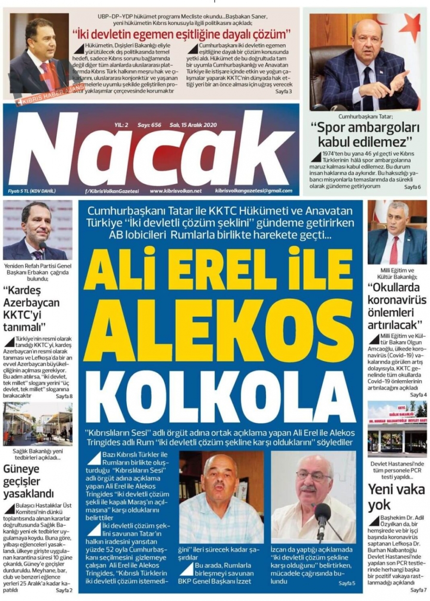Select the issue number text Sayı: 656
pos(149,125)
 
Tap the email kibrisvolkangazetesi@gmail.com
pos(254,191)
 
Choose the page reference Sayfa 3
pos(283,92)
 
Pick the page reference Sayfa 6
pos(412,187)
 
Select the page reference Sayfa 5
pos(347,583)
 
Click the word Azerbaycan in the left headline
pos(31,302)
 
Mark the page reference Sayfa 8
pos(64,396)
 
